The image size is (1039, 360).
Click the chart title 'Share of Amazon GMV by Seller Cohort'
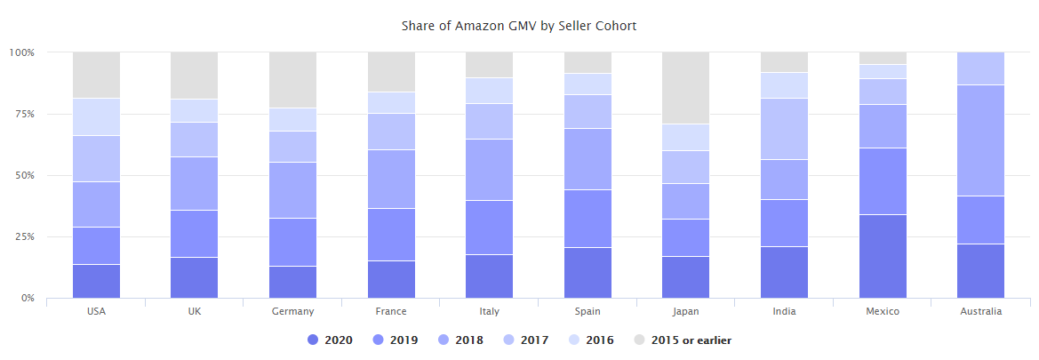(519, 26)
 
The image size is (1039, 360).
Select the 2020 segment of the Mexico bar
(883, 256)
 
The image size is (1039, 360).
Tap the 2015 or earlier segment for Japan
(685, 88)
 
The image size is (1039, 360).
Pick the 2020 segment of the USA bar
(96, 281)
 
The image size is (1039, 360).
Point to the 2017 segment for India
(784, 129)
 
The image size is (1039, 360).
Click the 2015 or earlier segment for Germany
(292, 80)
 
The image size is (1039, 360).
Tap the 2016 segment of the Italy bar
(489, 91)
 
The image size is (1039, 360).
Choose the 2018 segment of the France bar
(391, 179)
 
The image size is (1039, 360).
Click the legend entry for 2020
(329, 340)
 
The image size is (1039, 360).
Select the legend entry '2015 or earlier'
(682, 340)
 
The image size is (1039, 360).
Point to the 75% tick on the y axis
(22, 114)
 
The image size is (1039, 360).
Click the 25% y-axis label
(22, 237)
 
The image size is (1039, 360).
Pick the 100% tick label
(21, 52)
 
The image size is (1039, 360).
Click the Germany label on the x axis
(292, 311)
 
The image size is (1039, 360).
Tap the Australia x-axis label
(980, 311)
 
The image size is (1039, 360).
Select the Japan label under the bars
(685, 311)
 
